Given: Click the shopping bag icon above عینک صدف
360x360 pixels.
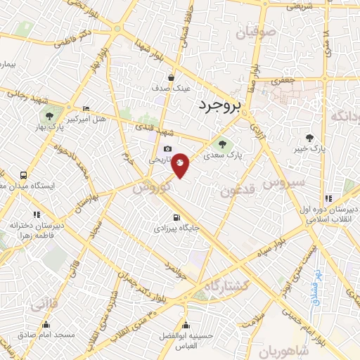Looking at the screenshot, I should coord(171,78).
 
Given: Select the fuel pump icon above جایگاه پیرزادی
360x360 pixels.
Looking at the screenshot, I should coord(176,217).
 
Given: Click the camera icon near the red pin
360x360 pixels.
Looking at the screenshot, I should coord(167,149).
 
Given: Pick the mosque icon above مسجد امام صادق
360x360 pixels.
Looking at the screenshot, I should coord(46,325).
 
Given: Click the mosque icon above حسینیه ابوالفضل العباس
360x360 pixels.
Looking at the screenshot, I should coord(186,325).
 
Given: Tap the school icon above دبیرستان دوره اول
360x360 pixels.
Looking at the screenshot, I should coord(328,198).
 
